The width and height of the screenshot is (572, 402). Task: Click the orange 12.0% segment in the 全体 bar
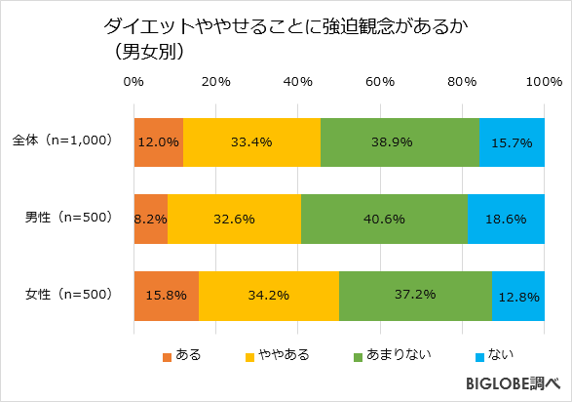[158, 141]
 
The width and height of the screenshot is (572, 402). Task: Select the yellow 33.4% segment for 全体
[251, 141]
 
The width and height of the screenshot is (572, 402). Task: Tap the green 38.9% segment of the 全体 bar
[400, 141]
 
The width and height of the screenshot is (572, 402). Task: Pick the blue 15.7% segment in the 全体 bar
[512, 141]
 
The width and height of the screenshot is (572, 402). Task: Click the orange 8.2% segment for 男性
[150, 219]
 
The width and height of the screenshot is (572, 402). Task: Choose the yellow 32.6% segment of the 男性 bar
[234, 219]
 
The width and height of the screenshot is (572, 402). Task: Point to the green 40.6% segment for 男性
[384, 219]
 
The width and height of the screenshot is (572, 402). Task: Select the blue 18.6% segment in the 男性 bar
[506, 219]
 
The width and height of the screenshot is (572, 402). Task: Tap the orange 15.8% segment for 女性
[166, 296]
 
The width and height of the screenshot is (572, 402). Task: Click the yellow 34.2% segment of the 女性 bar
[268, 296]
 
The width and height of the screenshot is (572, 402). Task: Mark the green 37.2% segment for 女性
[415, 296]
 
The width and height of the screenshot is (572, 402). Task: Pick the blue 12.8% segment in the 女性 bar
[518, 296]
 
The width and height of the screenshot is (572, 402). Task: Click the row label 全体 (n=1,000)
[63, 141]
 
